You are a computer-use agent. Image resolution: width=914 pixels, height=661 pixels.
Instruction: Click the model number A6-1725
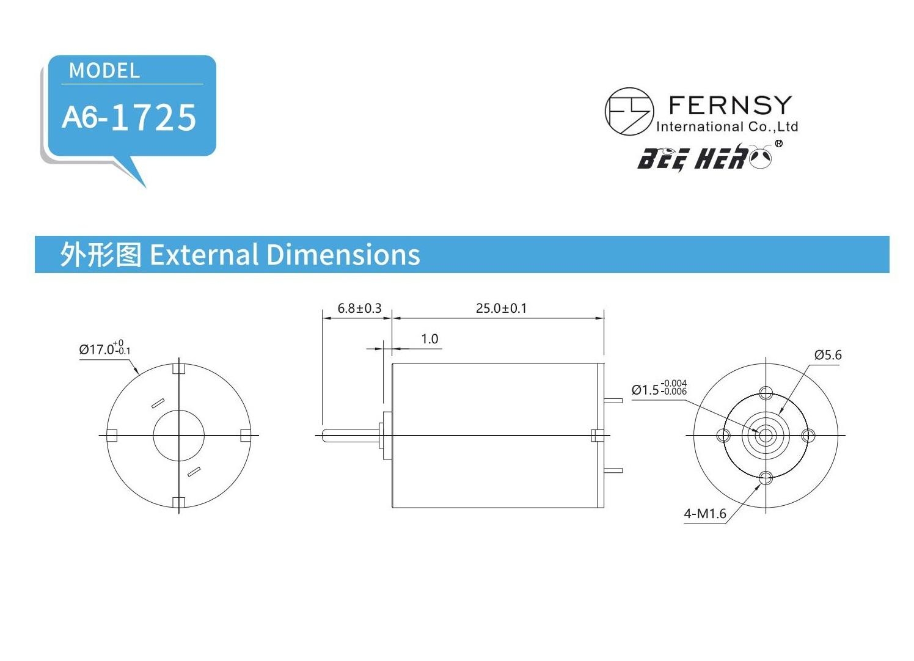[129, 117]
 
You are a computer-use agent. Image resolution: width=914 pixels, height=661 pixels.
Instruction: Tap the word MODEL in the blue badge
[104, 71]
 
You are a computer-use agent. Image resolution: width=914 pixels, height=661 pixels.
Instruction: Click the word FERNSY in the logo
[730, 105]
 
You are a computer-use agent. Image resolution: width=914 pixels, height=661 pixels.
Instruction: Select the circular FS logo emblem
[629, 111]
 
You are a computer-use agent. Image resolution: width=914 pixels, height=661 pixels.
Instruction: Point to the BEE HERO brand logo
[709, 157]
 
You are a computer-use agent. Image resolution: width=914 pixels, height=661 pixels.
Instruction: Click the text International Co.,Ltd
[727, 127]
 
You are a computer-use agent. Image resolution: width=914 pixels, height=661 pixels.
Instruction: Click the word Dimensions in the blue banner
[343, 255]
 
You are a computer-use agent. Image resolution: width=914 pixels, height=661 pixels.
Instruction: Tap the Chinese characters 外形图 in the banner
[101, 255]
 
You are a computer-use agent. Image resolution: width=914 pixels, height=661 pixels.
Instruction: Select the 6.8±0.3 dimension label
[359, 308]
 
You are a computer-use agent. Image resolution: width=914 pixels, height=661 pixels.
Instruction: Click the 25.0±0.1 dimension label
[501, 308]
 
